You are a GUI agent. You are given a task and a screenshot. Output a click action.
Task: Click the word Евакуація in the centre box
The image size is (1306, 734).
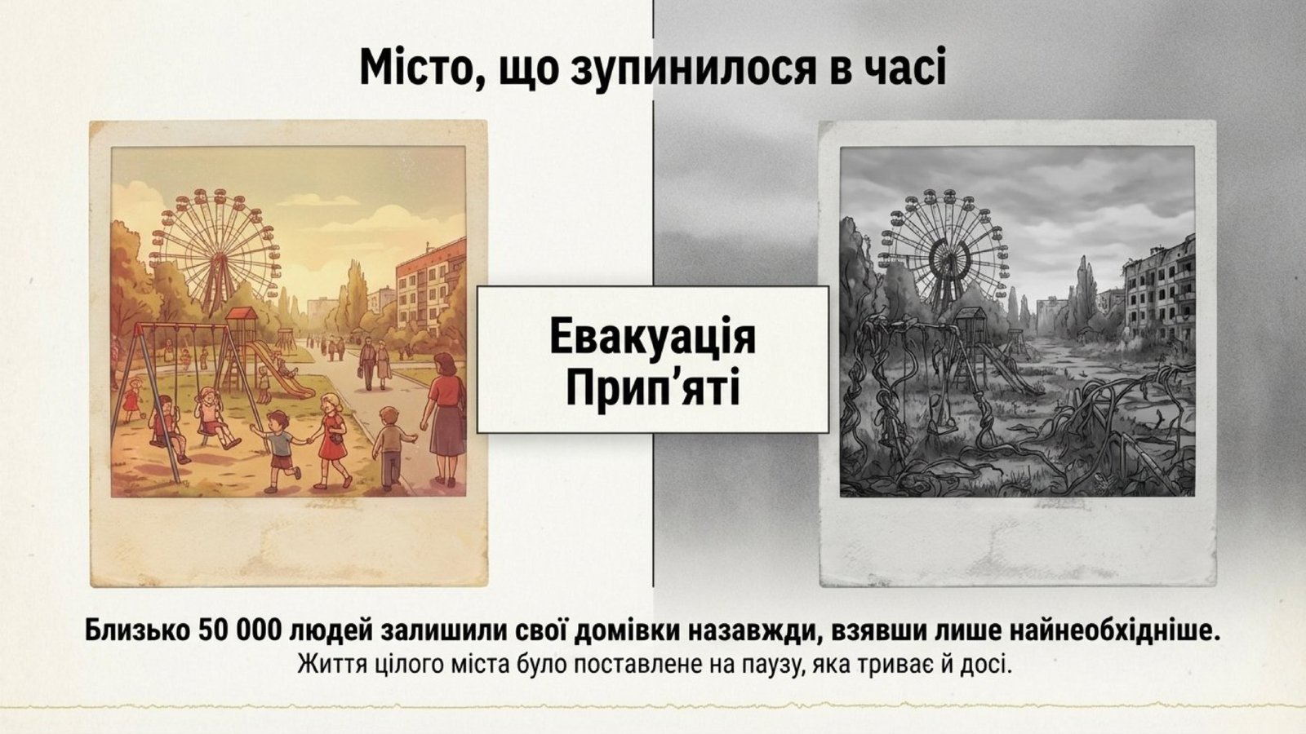(x=652, y=337)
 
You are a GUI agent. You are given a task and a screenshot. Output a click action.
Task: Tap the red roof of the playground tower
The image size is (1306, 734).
(x=242, y=314)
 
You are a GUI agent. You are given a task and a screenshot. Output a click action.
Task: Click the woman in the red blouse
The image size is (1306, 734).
(x=444, y=419)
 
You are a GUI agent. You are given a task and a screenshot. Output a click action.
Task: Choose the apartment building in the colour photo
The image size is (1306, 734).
(x=430, y=289)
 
